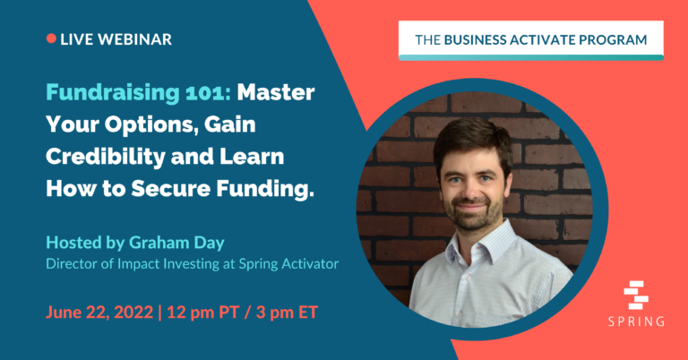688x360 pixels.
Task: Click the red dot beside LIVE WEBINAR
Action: point(51,39)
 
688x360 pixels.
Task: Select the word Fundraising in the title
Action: point(113,93)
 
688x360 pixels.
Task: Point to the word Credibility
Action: point(105,157)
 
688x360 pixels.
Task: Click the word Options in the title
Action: point(150,125)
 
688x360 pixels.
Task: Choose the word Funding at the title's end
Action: point(265,190)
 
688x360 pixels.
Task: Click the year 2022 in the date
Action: point(133,313)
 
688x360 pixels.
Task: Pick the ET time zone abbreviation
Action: point(307,313)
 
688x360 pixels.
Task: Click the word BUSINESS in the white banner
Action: point(475,40)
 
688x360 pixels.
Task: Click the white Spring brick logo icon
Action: point(636,295)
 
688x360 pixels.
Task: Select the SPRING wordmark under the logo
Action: point(636,321)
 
